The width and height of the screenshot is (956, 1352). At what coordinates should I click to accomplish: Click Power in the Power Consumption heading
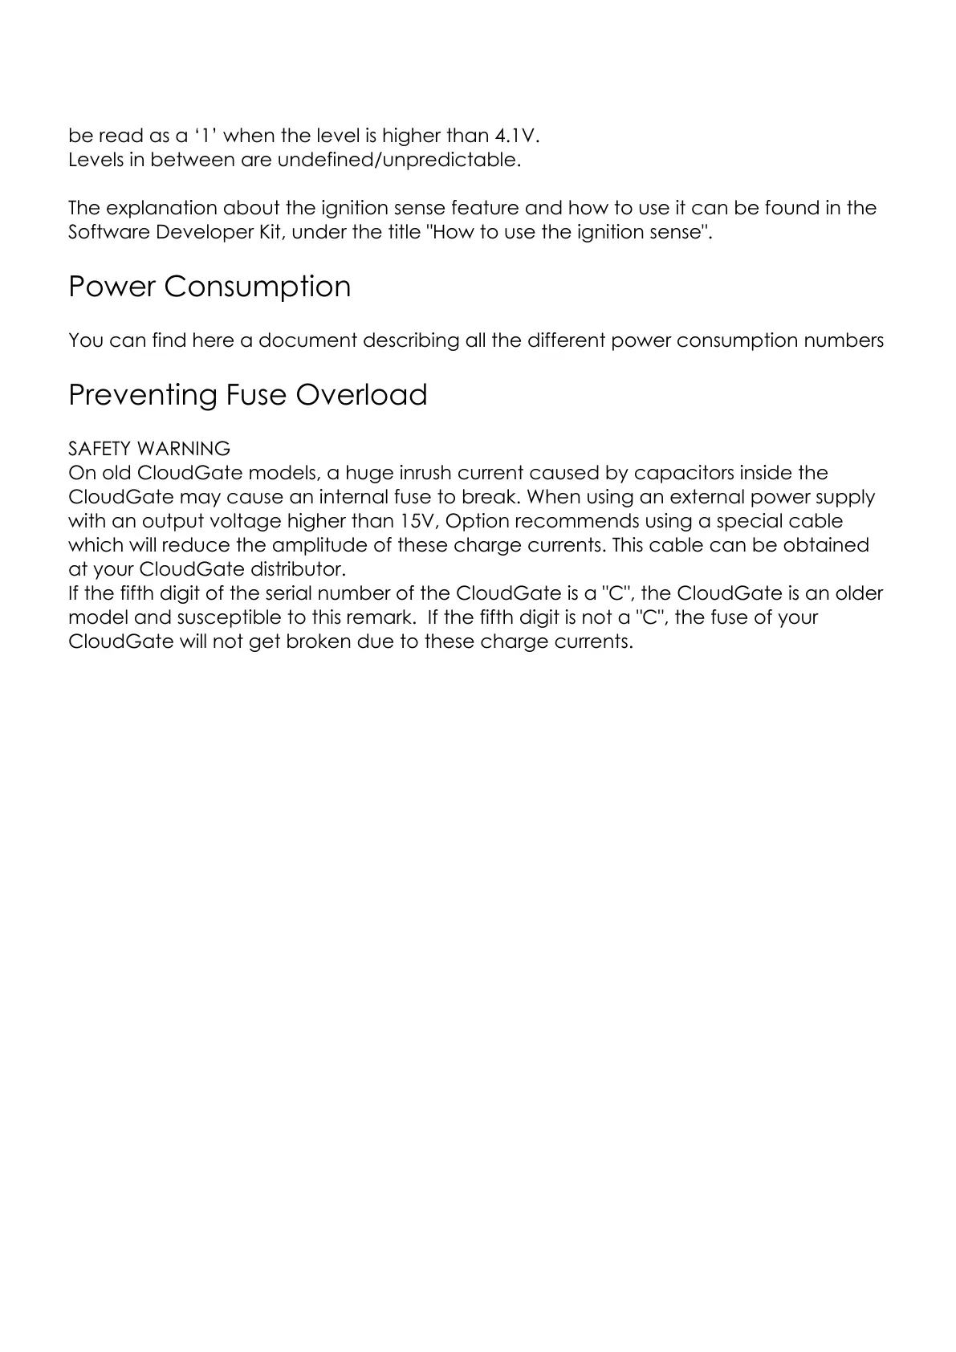pos(112,287)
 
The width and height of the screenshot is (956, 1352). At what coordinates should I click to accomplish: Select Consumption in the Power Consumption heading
pos(258,287)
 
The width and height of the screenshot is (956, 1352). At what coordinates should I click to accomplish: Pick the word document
pos(307,340)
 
